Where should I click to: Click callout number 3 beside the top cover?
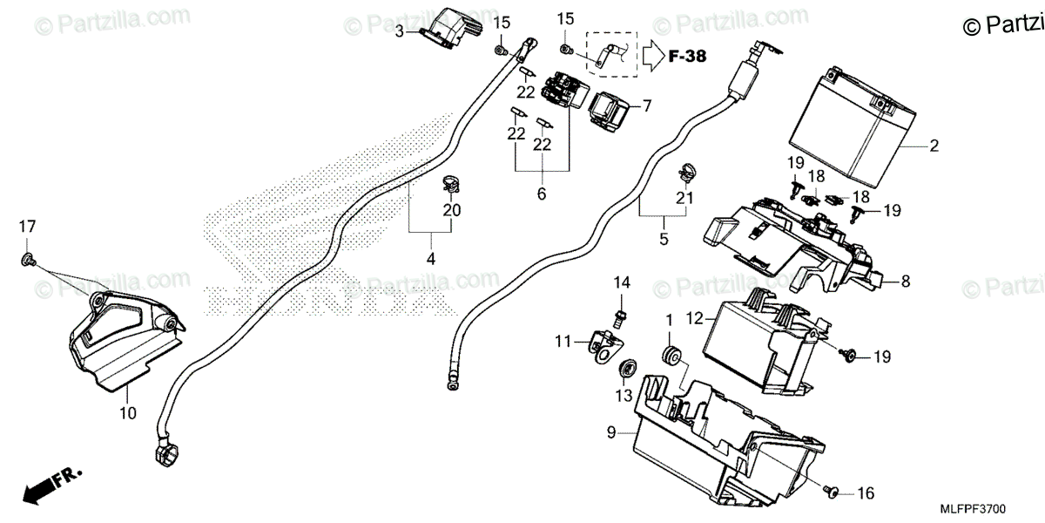coord(399,32)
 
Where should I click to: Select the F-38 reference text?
coord(688,57)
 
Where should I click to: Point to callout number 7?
coord(647,106)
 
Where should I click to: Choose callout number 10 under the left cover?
coord(128,413)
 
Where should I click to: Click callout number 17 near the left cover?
coord(28,227)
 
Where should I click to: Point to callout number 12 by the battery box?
coord(694,320)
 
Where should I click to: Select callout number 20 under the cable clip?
coord(451,210)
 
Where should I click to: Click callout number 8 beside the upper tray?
coord(906,282)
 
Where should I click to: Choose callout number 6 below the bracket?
coord(541,194)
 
